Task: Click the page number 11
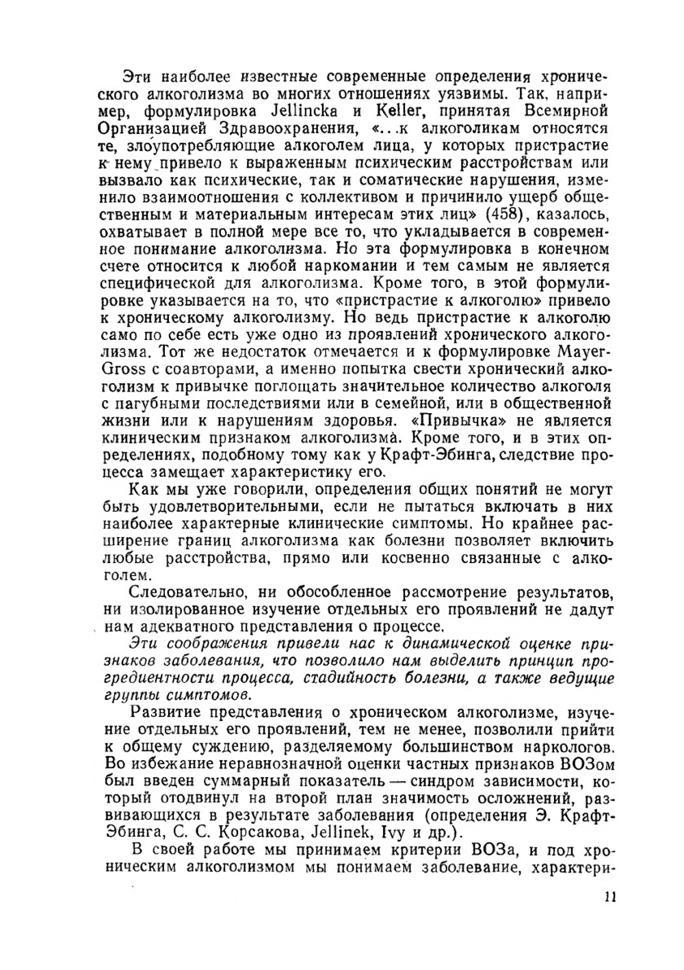610,897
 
